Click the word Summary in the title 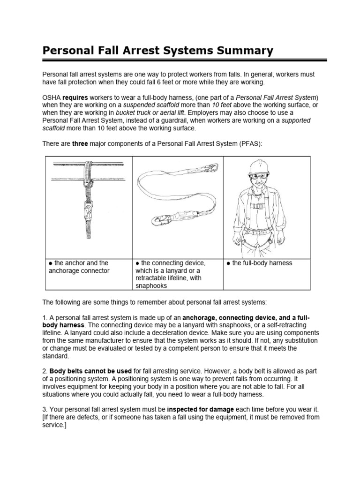coord(243,51)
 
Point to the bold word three coord(80,144)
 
